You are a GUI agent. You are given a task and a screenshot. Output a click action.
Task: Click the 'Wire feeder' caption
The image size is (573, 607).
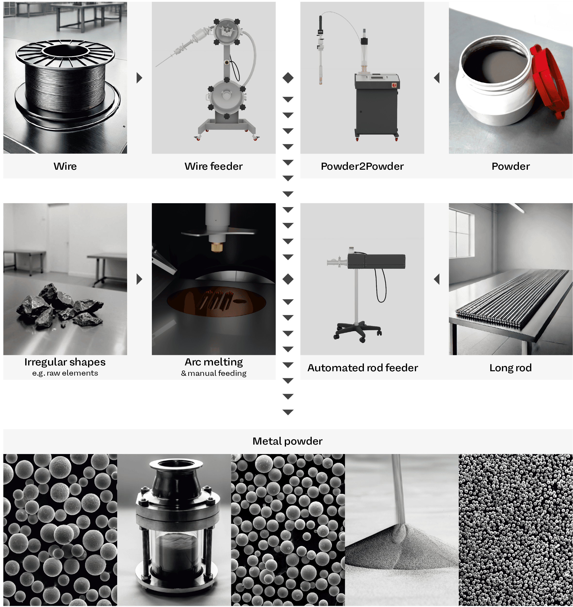coord(213,166)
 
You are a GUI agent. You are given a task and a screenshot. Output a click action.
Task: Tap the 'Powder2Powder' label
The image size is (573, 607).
coord(362,166)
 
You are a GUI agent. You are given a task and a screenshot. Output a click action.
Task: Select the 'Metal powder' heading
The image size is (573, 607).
coord(287,441)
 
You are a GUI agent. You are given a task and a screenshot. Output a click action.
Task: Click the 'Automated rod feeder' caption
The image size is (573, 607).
coord(363,368)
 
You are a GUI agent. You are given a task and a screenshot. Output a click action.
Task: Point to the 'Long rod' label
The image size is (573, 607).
coord(510,368)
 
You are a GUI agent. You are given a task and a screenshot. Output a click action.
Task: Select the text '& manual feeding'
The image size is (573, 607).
coord(214,373)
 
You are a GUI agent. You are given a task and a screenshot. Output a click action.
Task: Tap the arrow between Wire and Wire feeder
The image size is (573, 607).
coord(139,78)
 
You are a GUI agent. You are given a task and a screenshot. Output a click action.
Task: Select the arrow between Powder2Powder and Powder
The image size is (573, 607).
coord(437,78)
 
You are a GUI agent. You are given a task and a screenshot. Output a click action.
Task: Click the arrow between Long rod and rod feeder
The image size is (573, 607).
coord(437,279)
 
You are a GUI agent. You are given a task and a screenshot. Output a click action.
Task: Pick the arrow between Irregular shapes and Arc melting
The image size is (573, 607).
coord(139,279)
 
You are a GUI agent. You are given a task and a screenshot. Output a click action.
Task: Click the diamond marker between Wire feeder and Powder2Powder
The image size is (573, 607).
coord(288,78)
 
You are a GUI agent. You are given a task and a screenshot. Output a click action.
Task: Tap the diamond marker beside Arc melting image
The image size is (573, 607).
coord(288,279)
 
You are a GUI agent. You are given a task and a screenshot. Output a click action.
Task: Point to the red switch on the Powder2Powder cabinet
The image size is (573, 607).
coord(394,85)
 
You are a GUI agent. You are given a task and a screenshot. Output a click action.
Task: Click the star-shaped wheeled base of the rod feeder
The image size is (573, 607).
coord(358,331)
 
